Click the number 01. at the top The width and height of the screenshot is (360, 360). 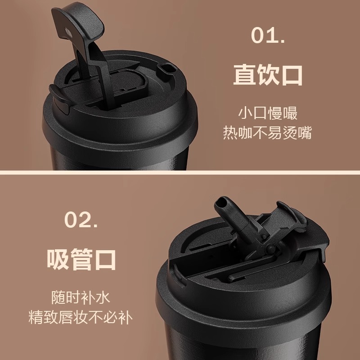pyautogui.click(x=268, y=35)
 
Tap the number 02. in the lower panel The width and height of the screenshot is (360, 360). pyautogui.click(x=81, y=220)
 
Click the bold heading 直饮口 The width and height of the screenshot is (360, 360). pyautogui.click(x=268, y=75)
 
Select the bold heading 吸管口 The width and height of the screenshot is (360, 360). pyautogui.click(x=81, y=260)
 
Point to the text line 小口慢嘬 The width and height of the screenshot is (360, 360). pyautogui.click(x=268, y=113)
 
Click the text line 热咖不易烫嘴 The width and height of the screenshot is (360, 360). pyautogui.click(x=268, y=132)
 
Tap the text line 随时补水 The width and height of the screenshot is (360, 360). pyautogui.click(x=81, y=297)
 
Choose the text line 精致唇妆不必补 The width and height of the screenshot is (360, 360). pyautogui.click(x=81, y=317)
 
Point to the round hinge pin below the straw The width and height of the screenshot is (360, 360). pyautogui.click(x=271, y=248)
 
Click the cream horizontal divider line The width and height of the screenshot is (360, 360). pyautogui.click(x=180, y=172)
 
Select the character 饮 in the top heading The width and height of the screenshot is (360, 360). pyautogui.click(x=268, y=75)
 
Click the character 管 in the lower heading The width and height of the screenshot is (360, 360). pyautogui.click(x=81, y=260)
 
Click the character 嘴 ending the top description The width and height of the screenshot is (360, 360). pyautogui.click(x=305, y=132)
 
